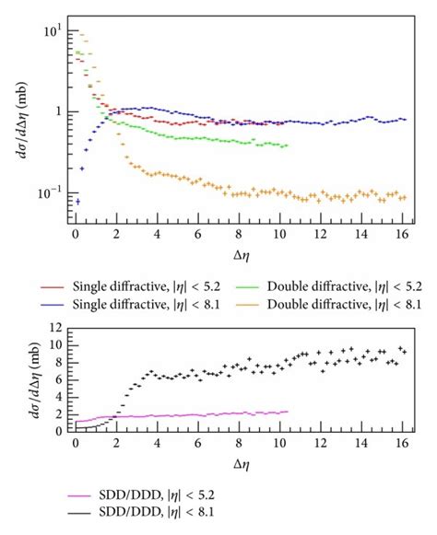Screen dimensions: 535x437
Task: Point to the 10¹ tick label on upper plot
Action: tap(53, 30)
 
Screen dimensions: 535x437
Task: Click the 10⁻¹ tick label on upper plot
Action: tap(51, 193)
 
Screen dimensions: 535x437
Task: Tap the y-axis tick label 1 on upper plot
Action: tap(58, 112)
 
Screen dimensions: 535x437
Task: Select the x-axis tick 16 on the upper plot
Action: tap(402, 234)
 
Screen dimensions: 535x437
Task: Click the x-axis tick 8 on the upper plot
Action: tap(239, 234)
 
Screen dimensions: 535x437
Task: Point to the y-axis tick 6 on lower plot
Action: tap(58, 378)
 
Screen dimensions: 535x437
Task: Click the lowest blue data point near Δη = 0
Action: tap(77, 201)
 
